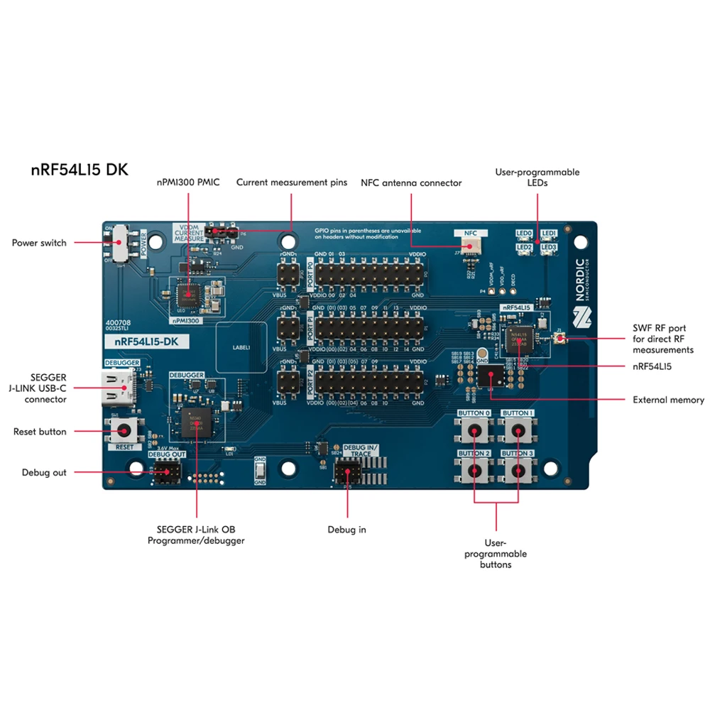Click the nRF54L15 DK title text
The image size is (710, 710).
pos(80,170)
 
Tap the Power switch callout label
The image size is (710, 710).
pos(39,243)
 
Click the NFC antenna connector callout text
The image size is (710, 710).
pos(411,183)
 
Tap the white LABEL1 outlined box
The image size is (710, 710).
pos(241,348)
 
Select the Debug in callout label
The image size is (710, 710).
pos(346,529)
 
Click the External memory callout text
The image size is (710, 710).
pos(668,400)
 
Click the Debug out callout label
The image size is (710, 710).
pos(44,472)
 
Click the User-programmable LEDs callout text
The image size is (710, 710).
pos(537,177)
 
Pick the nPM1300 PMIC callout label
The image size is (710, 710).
pos(188,182)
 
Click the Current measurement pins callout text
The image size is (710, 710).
pos(292,182)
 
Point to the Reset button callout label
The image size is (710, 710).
pos(40,432)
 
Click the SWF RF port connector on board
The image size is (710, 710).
pos(560,340)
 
